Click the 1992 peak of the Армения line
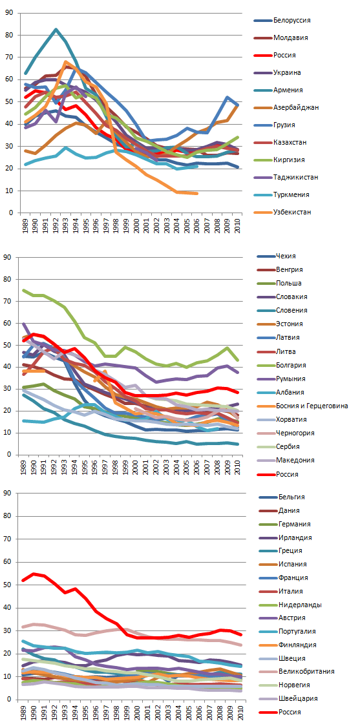click(56, 29)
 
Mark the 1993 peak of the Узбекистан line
click(65, 62)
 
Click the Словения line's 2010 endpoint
click(238, 444)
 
